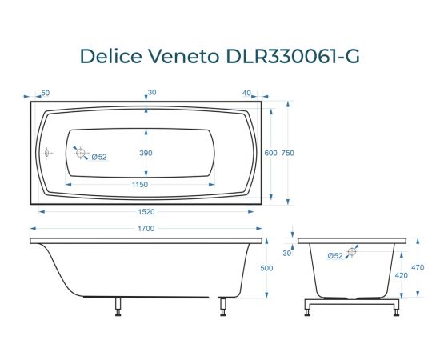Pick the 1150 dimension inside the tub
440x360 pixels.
coord(140,185)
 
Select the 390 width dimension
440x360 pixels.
coord(146,153)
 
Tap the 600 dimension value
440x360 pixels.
coord(270,153)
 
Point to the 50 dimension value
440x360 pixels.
coord(45,94)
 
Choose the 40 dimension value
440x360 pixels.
coord(246,94)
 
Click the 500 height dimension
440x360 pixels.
coord(267,268)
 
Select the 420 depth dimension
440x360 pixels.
coord(402,274)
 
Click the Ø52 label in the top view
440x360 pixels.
coord(99,156)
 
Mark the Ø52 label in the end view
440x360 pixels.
coord(335,255)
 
